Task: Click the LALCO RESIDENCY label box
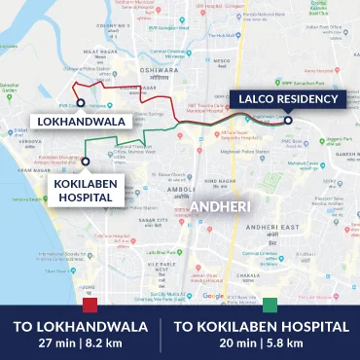[288, 98]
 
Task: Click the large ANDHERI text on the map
[221, 207]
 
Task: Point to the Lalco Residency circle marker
[288, 120]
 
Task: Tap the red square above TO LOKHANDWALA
[90, 305]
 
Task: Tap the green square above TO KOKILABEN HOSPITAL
[270, 305]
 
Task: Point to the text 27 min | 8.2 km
[82, 343]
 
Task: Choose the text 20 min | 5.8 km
[261, 343]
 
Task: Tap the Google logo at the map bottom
[213, 296]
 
